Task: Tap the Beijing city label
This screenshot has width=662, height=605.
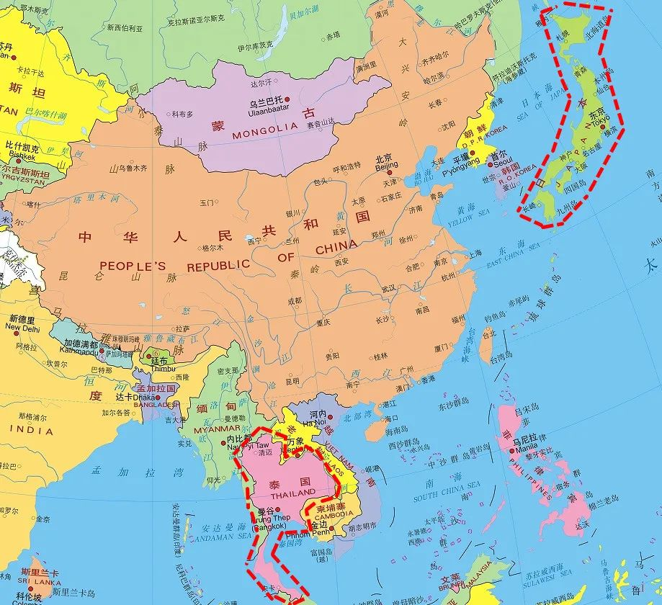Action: click(x=386, y=166)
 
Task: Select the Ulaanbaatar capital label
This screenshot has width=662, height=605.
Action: click(x=268, y=110)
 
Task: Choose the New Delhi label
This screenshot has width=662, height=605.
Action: click(x=22, y=327)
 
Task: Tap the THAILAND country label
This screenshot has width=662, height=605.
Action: click(x=292, y=496)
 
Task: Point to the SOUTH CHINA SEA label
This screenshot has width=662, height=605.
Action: click(x=447, y=493)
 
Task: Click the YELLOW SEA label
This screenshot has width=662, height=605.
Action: click(x=469, y=218)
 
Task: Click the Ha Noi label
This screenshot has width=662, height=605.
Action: click(x=318, y=423)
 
